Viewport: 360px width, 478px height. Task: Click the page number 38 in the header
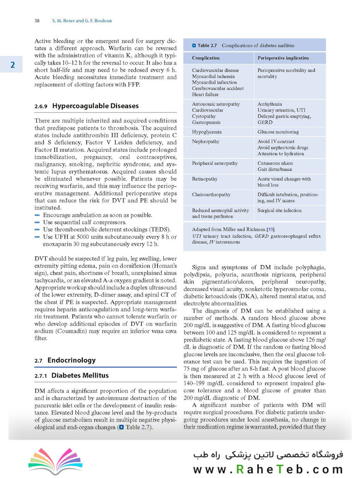point(37,20)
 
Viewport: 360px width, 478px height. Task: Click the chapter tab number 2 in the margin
point(13,65)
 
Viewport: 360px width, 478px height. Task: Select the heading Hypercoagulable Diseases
point(95,106)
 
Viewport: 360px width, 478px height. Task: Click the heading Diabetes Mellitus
point(80,375)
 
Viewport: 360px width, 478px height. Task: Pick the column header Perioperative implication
point(283,58)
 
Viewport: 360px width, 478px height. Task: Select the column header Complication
point(205,58)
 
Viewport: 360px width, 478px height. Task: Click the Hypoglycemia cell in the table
point(206,132)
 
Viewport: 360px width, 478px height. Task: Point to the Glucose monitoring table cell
point(278,132)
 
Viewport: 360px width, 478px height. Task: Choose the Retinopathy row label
point(205,179)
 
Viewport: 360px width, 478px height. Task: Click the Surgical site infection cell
point(279,211)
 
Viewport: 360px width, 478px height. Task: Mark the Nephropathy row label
point(205,142)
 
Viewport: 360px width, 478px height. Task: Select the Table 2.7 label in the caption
point(207,46)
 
